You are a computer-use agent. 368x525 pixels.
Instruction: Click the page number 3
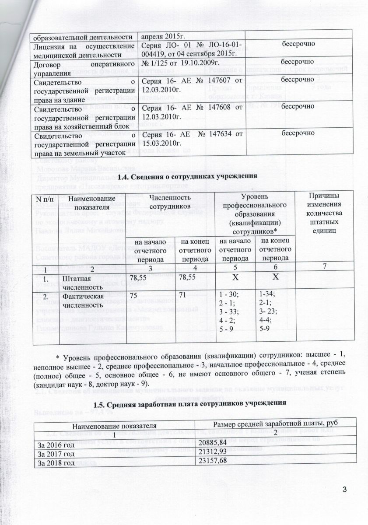(x=344, y=489)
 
